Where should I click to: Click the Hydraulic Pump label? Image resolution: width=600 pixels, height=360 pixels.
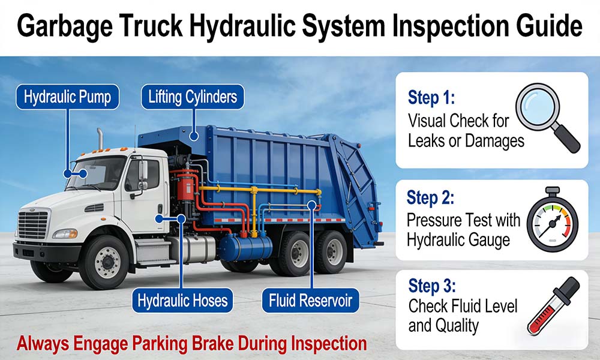67,97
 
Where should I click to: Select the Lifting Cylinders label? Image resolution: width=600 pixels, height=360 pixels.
193,97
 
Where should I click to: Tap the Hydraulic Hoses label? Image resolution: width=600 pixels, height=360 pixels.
182,301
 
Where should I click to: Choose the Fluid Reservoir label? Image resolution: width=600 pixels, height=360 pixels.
310,301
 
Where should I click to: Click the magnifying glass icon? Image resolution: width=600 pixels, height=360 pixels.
547,117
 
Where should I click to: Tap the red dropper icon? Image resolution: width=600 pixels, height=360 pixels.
553,305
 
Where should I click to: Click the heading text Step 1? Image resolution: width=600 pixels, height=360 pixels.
431,97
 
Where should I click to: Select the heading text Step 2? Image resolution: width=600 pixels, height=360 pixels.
430,197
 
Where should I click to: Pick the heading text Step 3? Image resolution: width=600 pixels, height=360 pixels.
431,286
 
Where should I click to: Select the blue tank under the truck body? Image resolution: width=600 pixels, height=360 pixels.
245,247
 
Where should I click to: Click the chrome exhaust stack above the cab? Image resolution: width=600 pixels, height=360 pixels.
100,139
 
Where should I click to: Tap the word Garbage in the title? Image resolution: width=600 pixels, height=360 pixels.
65,26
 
